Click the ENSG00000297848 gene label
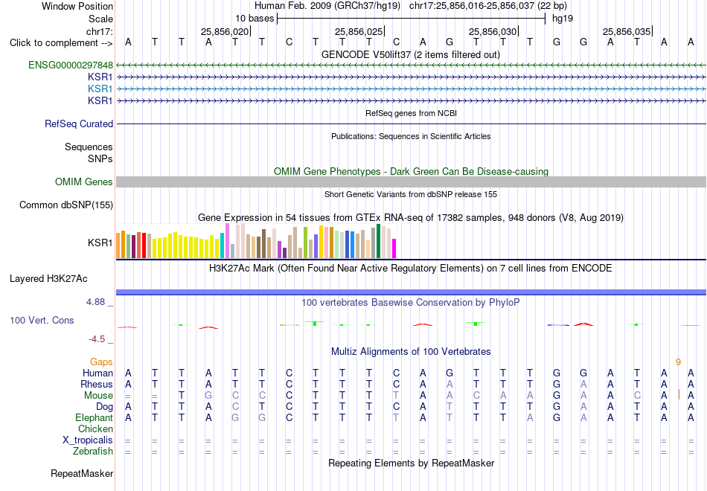[x=71, y=65]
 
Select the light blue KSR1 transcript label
[x=100, y=89]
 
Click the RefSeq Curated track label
[x=79, y=123]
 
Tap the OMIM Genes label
[x=84, y=182]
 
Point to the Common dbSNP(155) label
[x=66, y=205]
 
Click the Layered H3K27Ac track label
[x=48, y=279]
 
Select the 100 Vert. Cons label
[x=42, y=320]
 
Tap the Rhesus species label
[x=97, y=384]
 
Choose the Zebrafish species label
[x=93, y=451]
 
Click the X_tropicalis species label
[x=88, y=440]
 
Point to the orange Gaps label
[x=101, y=362]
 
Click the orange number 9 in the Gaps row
[x=678, y=362]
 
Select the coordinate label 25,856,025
[x=359, y=31]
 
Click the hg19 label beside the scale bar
[x=563, y=19]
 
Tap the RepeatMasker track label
[x=82, y=473]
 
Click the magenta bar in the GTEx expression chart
[x=394, y=248]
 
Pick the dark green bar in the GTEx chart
[x=378, y=241]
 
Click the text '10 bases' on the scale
[x=255, y=19]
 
